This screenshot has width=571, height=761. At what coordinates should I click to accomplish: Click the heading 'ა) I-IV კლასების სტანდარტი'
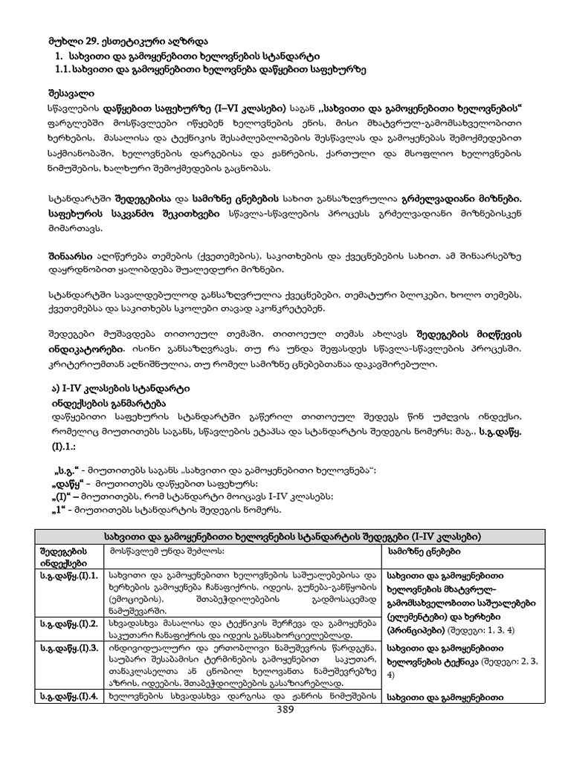coord(112,389)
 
